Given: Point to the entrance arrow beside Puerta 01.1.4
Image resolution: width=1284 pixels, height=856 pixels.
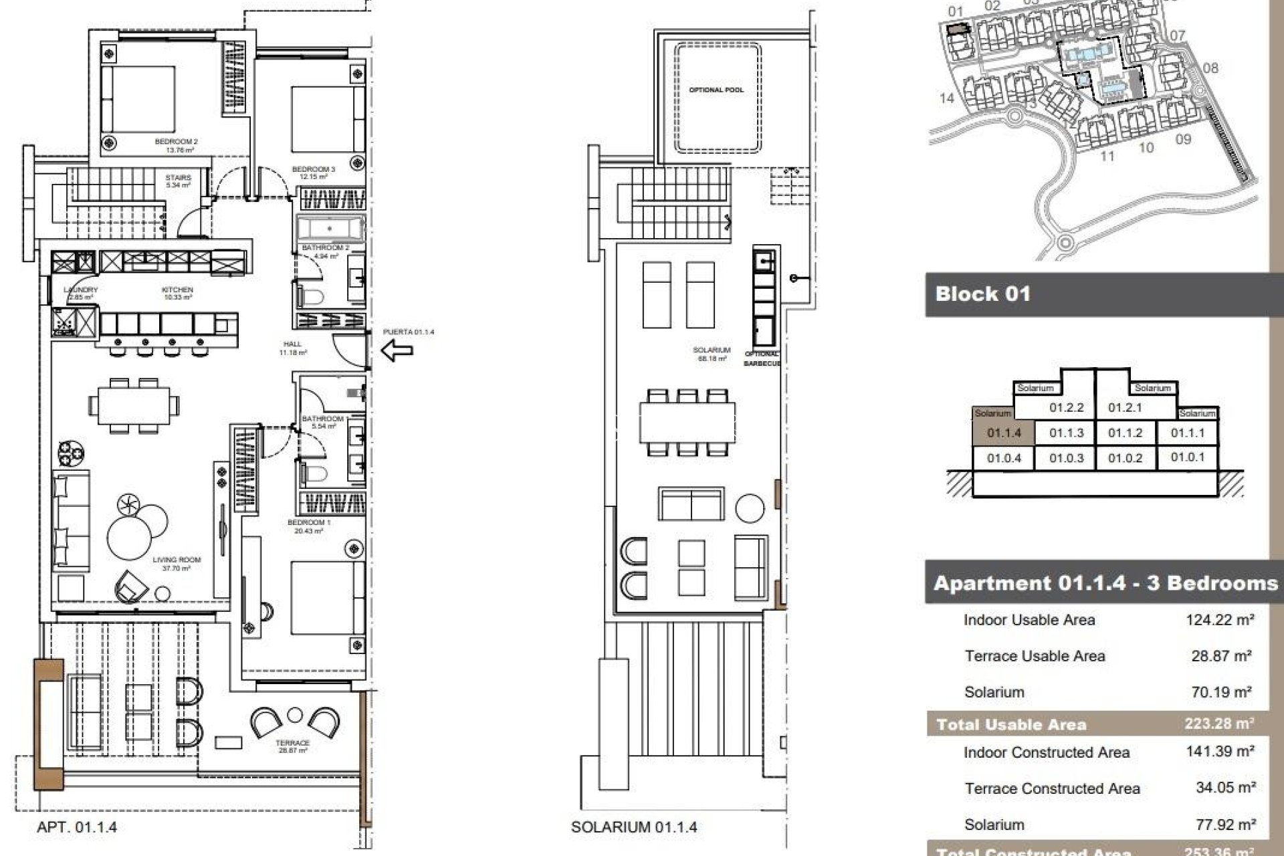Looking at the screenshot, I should (x=397, y=349).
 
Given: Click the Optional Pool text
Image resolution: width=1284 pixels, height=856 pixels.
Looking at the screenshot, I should (x=716, y=90).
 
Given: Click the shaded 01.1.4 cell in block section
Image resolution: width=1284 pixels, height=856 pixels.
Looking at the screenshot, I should (x=1004, y=433).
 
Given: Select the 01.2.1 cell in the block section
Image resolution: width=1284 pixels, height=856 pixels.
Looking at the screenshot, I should (x=1125, y=407).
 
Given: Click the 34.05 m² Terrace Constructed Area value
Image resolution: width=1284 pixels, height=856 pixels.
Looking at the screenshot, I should (x=1225, y=788).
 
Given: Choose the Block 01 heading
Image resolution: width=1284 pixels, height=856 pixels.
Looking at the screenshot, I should (x=983, y=294).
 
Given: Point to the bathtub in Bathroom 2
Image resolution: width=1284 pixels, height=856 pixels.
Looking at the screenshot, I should (x=330, y=229).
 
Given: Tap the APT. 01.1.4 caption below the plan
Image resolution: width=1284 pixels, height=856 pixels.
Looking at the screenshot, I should (x=77, y=827).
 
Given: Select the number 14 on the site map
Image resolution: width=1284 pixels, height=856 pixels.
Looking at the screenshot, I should (x=946, y=99).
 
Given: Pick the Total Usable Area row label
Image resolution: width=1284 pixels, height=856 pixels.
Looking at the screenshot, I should (x=1011, y=724).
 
